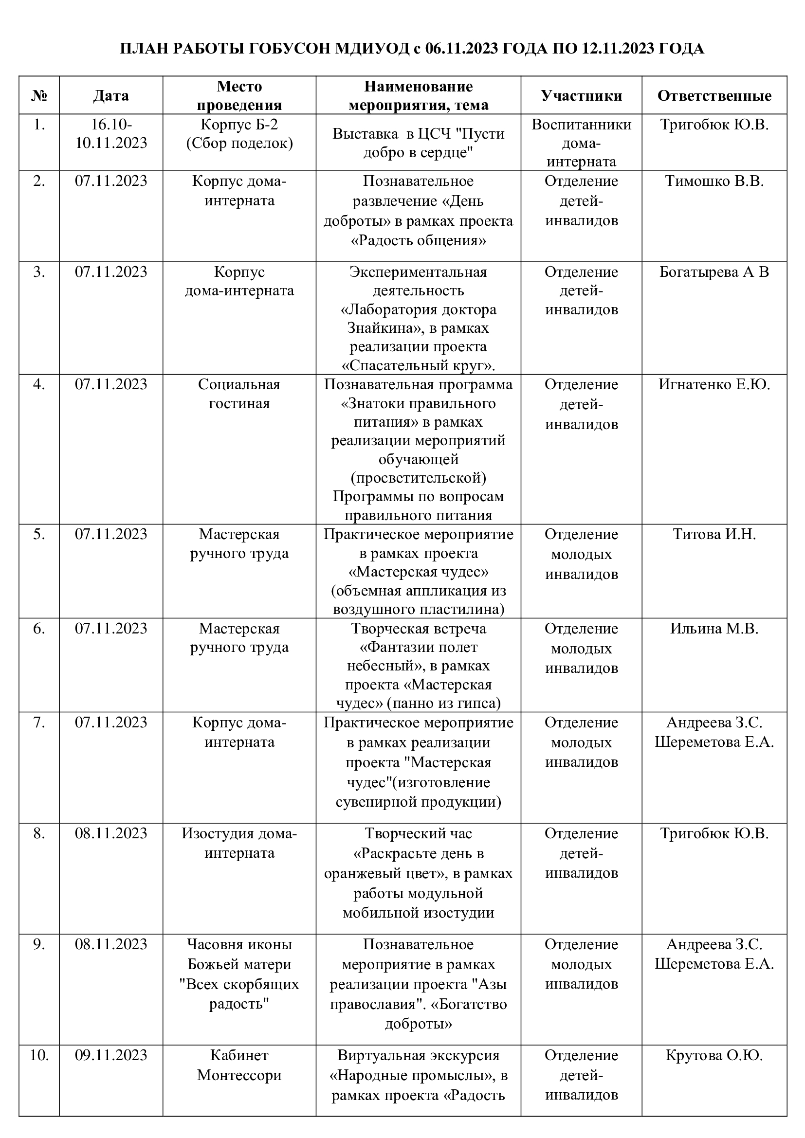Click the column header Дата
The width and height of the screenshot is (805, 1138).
point(110,95)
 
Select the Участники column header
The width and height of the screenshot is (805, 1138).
point(581,95)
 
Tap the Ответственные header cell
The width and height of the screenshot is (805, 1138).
point(714,95)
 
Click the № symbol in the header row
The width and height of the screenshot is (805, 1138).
point(39,95)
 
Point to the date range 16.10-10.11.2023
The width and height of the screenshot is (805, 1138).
point(110,133)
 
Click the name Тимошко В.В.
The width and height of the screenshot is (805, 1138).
point(714,181)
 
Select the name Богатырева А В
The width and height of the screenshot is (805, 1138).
point(714,271)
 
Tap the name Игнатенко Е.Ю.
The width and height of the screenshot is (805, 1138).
point(714,384)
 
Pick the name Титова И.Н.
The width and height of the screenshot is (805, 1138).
point(714,534)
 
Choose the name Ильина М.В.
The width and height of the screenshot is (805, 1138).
point(714,628)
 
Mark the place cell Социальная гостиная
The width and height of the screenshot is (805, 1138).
point(239,394)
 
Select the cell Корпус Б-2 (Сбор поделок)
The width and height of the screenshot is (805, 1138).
point(239,133)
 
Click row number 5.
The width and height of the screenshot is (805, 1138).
point(39,534)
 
